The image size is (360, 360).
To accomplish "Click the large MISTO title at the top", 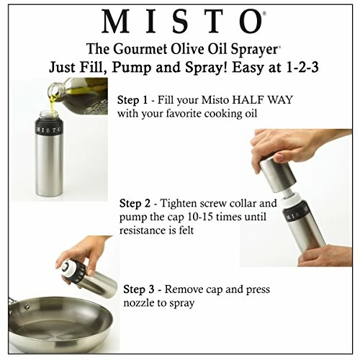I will (180, 22).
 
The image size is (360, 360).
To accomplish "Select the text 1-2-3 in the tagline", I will (287, 69).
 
